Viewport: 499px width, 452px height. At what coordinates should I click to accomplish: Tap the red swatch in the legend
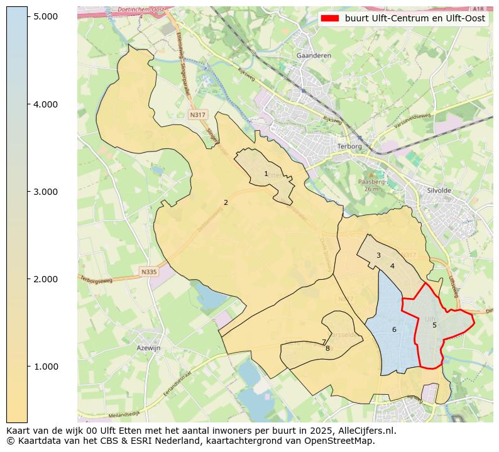click(x=331, y=18)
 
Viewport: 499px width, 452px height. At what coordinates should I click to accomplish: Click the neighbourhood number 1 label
click(x=266, y=174)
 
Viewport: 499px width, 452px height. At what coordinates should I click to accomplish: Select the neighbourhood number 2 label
click(x=226, y=202)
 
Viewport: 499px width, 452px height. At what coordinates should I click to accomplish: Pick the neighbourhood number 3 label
click(x=378, y=255)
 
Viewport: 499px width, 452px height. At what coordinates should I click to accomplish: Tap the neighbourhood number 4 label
click(x=392, y=266)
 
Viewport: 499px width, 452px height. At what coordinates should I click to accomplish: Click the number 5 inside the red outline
click(x=434, y=325)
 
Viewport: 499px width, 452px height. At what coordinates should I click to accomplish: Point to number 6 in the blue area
click(x=394, y=329)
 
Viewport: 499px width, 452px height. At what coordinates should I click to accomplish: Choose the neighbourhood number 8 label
click(x=327, y=348)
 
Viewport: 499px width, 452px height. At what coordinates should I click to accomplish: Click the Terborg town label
click(x=350, y=146)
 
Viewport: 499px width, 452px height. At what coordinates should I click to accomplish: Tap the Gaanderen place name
click(x=313, y=55)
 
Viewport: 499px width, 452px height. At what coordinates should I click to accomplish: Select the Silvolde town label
click(x=439, y=189)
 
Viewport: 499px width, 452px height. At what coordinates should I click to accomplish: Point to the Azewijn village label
click(x=149, y=348)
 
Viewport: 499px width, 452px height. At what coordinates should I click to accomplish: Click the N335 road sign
click(x=148, y=272)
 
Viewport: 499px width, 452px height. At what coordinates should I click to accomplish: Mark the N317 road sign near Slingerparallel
click(x=197, y=114)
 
